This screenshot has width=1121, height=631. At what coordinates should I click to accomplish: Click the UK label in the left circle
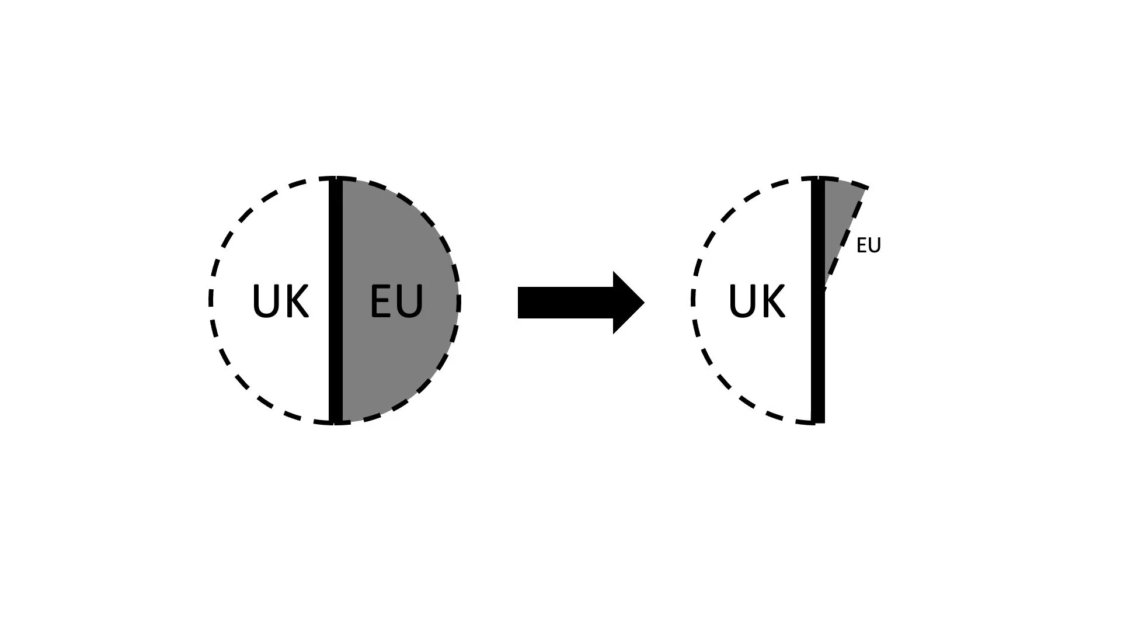coord(280,301)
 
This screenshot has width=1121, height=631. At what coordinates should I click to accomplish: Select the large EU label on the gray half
coord(396,301)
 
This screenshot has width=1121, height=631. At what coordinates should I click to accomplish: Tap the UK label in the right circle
coord(757,301)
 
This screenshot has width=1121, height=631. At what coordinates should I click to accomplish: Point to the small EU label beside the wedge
coord(868,245)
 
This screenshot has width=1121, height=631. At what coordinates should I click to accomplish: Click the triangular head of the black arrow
coord(628,303)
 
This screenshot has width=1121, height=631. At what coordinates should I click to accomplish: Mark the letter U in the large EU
coord(410,301)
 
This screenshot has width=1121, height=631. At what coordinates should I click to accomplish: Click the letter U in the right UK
coord(742,301)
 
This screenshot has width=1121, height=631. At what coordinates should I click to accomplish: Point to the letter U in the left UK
coord(266,301)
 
